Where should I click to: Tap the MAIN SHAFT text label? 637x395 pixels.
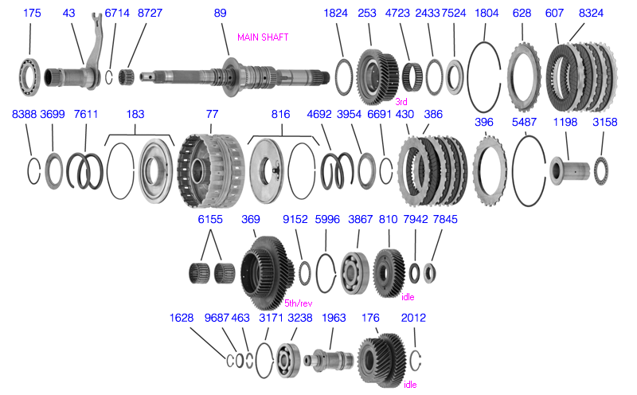click(263, 37)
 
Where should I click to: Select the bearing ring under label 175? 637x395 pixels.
click(31, 78)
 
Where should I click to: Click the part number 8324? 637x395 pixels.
click(590, 14)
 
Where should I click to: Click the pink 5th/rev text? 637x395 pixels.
click(298, 303)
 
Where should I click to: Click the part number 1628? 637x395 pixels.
click(182, 318)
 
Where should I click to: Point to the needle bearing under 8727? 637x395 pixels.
click(126, 77)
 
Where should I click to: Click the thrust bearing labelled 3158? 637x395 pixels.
click(602, 169)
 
